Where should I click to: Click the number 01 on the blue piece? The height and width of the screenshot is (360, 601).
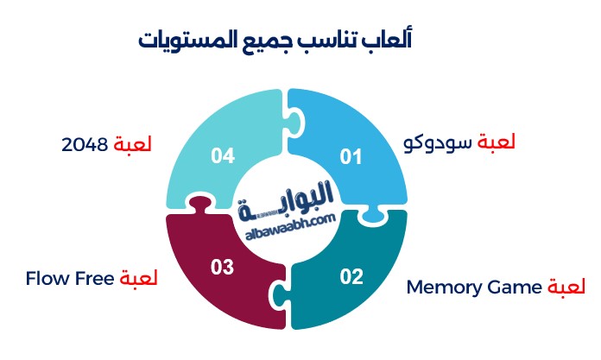pos(351,157)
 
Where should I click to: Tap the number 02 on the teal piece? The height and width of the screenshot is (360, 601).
pos(351,276)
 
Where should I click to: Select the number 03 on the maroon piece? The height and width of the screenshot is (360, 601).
pos(222,267)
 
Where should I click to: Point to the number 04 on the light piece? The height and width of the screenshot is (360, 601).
pos(223,155)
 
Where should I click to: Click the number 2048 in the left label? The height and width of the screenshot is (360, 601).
pos(85,144)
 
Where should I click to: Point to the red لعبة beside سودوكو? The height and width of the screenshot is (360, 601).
pos(496,142)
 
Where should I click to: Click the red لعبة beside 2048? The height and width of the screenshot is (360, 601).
pos(132,143)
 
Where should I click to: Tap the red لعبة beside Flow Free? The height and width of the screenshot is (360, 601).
pos(138,277)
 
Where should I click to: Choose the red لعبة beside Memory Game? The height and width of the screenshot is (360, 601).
pos(566,286)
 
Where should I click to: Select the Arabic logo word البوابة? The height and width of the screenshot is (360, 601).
pos(286,201)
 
